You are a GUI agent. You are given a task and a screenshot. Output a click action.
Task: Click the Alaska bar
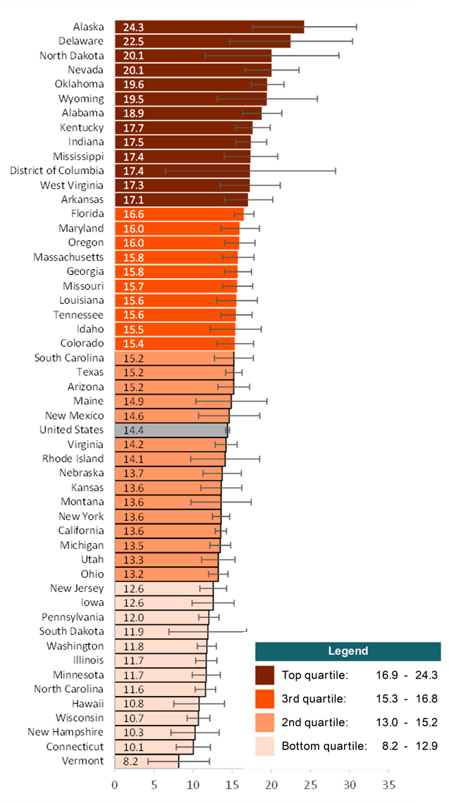pos(209,27)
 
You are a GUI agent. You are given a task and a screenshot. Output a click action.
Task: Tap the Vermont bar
pos(147,761)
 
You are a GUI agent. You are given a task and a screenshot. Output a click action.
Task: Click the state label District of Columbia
pos(57,170)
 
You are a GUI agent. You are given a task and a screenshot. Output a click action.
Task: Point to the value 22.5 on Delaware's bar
pos(133,41)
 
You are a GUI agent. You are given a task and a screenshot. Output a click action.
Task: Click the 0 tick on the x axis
pos(115,783)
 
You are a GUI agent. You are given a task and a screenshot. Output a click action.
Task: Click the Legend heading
pos(347,652)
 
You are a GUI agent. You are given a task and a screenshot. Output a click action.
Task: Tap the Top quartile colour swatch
pos(265,675)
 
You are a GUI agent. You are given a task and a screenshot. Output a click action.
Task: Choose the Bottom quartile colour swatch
pos(265,746)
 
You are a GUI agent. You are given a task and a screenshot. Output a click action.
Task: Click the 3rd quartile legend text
pos(314,699)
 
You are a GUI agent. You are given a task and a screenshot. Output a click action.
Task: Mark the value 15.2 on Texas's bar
pos(133,372)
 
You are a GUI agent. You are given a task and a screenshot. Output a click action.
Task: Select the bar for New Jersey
pos(164,588)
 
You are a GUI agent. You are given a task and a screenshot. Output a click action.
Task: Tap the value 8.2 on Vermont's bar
pos(131,761)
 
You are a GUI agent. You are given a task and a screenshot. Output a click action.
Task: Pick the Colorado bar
pos(174,343)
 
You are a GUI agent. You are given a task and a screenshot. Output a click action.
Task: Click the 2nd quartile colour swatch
pos(265,722)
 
